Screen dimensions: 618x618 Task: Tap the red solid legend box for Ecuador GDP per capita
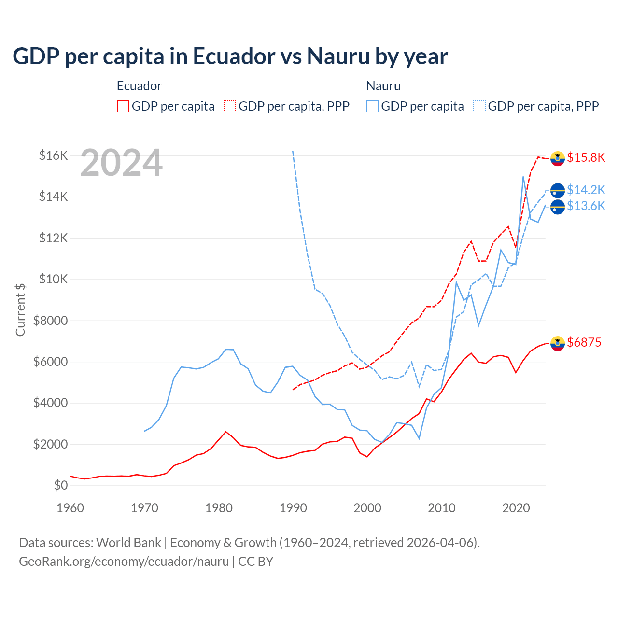point(123,106)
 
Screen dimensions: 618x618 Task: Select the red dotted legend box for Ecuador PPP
point(230,106)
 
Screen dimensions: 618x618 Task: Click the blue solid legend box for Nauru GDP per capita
point(372,106)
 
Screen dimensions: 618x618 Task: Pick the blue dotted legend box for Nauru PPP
point(479,106)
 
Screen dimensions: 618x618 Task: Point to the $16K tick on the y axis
point(53,155)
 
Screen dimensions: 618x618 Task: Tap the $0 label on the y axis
point(60,485)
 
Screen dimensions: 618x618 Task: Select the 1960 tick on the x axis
point(70,508)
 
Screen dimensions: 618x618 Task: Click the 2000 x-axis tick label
point(367,508)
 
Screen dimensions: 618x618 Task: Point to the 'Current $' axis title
point(20,309)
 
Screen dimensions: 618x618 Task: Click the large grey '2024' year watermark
point(121,163)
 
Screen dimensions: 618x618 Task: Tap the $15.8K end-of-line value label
point(586,158)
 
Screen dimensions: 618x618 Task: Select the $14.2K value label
point(586,190)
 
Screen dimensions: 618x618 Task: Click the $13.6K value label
point(586,206)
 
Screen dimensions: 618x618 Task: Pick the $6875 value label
point(584,343)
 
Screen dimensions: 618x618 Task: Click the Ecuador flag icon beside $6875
point(558,343)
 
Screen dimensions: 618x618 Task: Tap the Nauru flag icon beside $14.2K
point(558,190)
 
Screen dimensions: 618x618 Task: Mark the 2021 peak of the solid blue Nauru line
point(523,177)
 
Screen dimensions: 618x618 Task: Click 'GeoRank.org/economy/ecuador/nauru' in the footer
point(124,562)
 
